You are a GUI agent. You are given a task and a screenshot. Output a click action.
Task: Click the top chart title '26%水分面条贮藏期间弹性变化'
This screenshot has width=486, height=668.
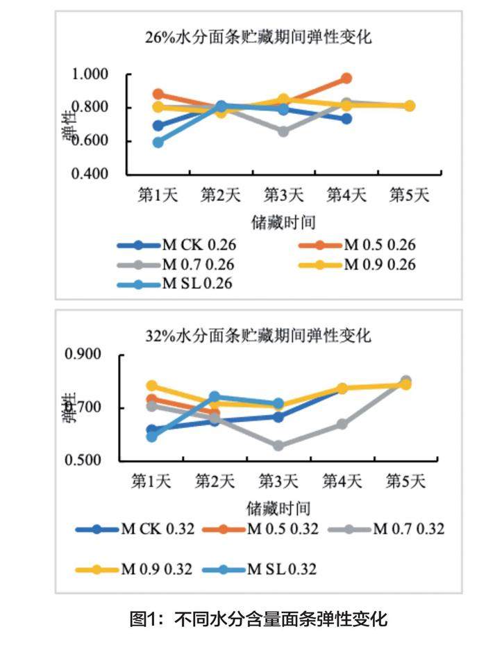point(258,37)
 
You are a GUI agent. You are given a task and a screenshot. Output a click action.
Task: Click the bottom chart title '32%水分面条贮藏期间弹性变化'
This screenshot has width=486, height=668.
point(258,336)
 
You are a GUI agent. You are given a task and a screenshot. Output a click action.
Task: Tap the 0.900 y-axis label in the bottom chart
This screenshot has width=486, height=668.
point(83,355)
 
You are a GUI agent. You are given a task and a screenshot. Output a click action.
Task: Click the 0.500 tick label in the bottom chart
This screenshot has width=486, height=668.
point(83,460)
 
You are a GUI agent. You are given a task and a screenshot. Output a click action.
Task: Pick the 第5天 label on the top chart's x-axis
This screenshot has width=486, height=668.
point(409,195)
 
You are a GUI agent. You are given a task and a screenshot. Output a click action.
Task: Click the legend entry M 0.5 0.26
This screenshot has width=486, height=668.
point(380,245)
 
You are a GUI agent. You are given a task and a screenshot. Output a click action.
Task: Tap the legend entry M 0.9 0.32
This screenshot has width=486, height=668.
point(158,569)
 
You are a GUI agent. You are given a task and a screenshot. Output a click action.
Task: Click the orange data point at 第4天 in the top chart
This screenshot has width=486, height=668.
point(346,79)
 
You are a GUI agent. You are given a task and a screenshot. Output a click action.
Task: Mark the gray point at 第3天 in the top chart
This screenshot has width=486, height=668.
point(283,131)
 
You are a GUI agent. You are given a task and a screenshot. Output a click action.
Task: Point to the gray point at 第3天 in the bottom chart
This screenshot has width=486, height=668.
point(278,446)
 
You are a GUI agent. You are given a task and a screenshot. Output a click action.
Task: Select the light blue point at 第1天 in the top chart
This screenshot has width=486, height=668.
point(158,142)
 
